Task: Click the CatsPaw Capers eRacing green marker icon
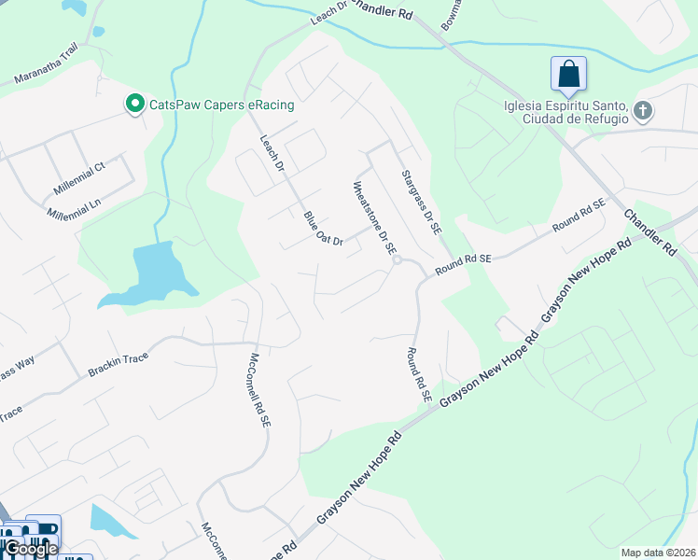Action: pyautogui.click(x=134, y=104)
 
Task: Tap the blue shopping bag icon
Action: pyautogui.click(x=568, y=74)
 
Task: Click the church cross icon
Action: pyautogui.click(x=642, y=112)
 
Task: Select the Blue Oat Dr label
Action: pyautogui.click(x=324, y=229)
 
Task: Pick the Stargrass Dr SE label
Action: pyautogui.click(x=421, y=201)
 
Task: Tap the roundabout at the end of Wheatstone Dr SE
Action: pyautogui.click(x=397, y=260)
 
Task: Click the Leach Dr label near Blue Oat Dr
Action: pyautogui.click(x=272, y=152)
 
